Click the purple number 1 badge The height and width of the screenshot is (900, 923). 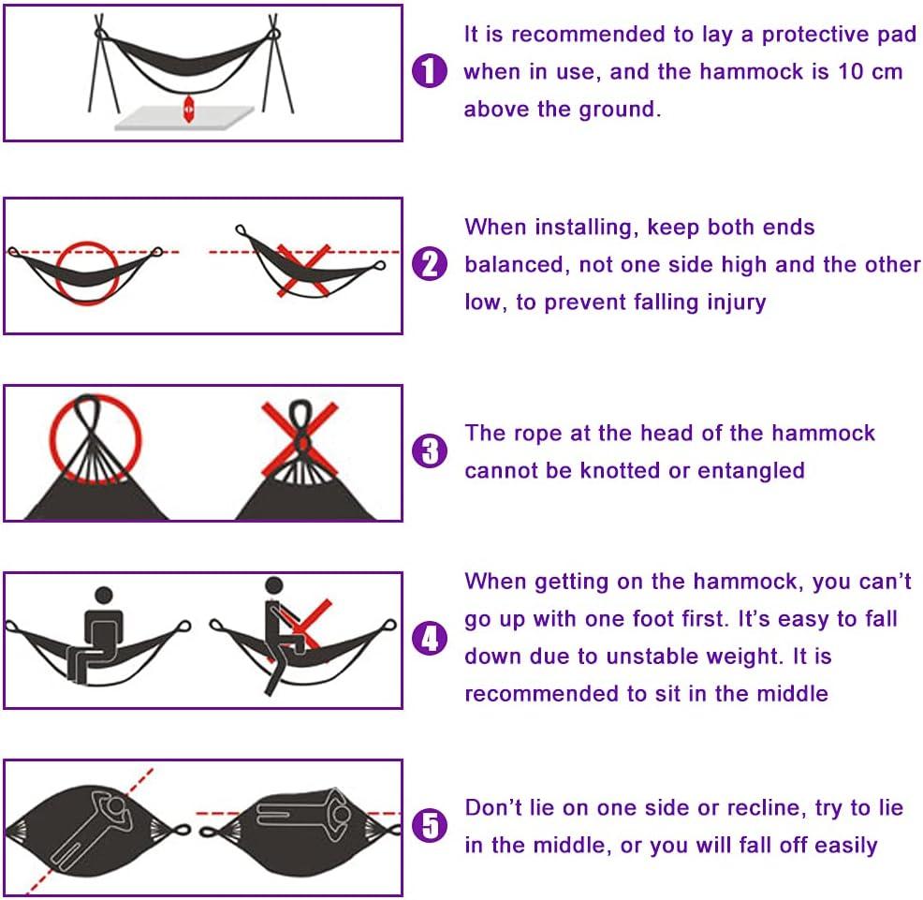pyautogui.click(x=430, y=71)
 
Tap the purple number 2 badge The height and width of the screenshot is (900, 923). pyautogui.click(x=430, y=265)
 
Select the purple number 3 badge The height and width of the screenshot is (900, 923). pyautogui.click(x=430, y=452)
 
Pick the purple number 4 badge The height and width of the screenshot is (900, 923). pyautogui.click(x=430, y=639)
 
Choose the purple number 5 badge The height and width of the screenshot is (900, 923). pyautogui.click(x=430, y=826)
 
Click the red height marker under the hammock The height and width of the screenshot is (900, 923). pyautogui.click(x=189, y=108)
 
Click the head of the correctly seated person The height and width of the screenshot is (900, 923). pyautogui.click(x=103, y=595)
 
